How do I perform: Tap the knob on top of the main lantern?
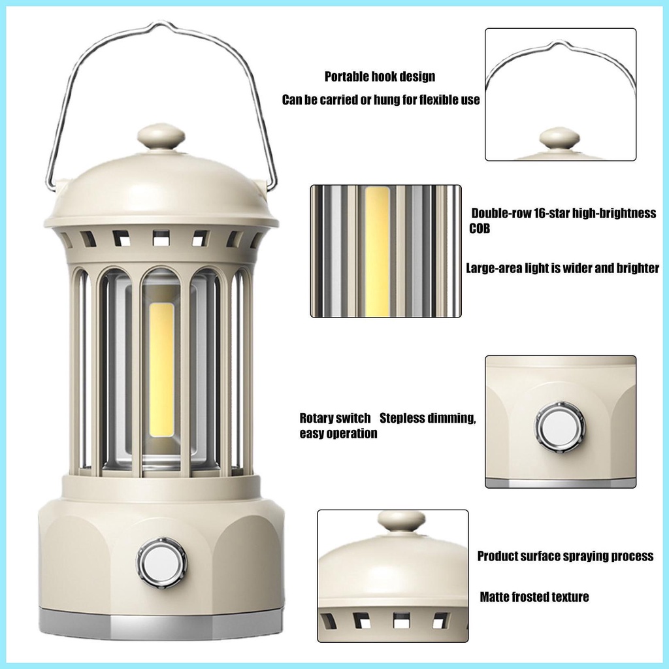click(x=161, y=137)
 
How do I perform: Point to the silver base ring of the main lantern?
click(x=161, y=626)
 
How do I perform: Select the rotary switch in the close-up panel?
click(x=560, y=428)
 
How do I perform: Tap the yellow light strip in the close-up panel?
click(x=377, y=251)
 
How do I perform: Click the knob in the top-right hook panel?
click(x=559, y=138)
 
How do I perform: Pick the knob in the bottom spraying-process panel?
click(x=401, y=521)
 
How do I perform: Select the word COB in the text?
click(x=480, y=229)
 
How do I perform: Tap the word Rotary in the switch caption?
click(x=318, y=418)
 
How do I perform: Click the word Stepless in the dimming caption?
click(x=402, y=418)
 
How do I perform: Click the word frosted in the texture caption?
click(x=530, y=596)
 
